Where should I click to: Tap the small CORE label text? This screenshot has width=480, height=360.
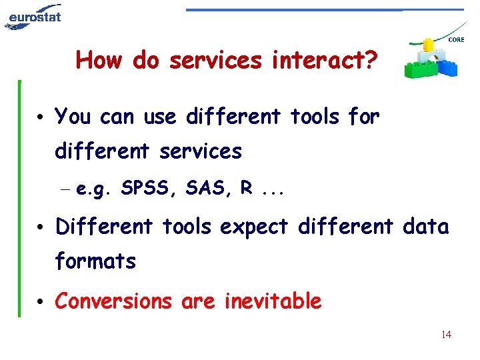(457, 40)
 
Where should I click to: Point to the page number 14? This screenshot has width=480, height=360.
(446, 335)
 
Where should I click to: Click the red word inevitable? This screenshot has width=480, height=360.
(273, 301)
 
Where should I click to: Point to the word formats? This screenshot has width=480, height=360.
(95, 261)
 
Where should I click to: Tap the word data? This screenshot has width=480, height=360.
(425, 227)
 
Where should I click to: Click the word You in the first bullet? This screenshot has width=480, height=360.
(73, 117)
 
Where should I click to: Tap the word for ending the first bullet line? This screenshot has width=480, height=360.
(364, 117)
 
